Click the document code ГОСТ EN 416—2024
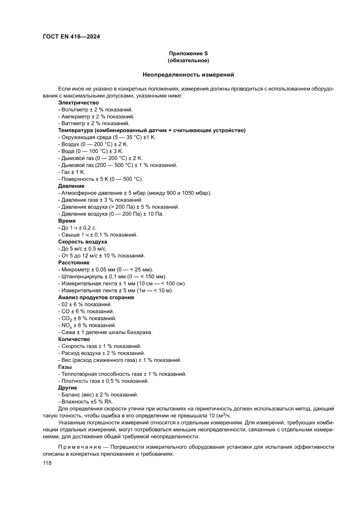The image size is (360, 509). click(71, 37)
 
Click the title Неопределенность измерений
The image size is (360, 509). click(188, 75)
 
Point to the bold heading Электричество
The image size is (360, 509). click(78, 103)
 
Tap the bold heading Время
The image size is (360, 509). click(67, 221)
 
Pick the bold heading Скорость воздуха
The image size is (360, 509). click(83, 242)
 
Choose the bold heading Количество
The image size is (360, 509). click(74, 339)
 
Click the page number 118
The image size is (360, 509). click(47, 463)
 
